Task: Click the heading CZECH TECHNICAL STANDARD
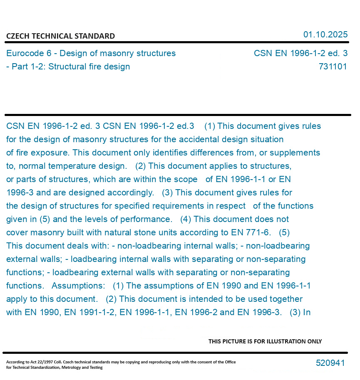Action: coord(60,36)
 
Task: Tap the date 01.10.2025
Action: coord(325,35)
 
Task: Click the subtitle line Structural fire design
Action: coord(89,67)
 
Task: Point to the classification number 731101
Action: coord(333,67)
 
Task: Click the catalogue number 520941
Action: coord(330,363)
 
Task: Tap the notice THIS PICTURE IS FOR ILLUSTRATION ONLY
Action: coord(265,341)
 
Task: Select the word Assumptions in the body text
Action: coord(78,286)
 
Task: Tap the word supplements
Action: coord(298,153)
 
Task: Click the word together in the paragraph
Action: coord(285,299)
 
